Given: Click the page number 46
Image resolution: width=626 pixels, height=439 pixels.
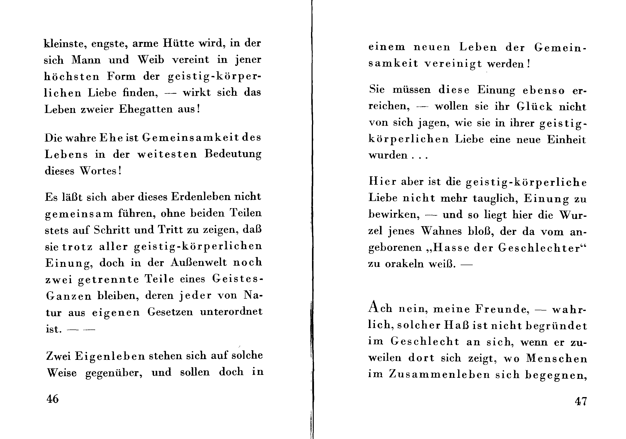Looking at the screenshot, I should (x=52, y=399).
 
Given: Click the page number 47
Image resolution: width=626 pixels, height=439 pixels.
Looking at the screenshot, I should (x=581, y=401).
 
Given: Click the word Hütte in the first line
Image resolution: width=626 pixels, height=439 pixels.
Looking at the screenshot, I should (x=179, y=43).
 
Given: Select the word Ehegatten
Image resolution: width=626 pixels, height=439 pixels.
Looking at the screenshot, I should (x=146, y=109).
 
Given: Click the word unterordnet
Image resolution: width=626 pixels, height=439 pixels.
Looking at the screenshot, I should (x=231, y=311).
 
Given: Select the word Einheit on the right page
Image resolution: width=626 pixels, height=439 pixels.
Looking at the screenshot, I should (x=566, y=139).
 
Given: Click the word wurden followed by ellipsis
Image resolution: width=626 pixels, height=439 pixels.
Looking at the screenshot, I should (x=388, y=155).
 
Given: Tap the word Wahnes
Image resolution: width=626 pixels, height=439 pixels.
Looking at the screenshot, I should (x=441, y=231).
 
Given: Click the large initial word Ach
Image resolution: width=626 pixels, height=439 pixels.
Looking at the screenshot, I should (x=380, y=308).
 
